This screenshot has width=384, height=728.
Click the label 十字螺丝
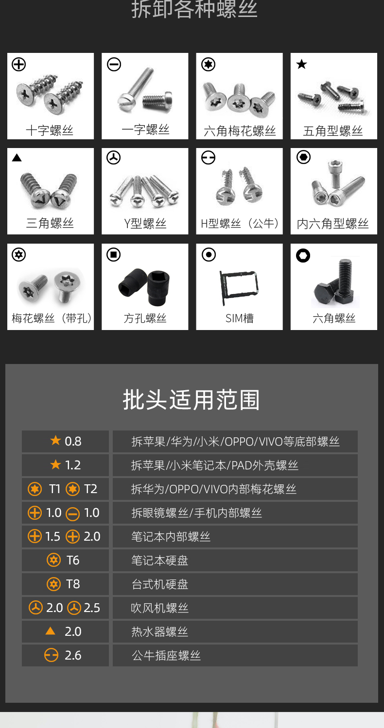50,131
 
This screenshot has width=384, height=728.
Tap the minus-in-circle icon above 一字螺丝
114,65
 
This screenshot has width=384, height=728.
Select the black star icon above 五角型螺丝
302,64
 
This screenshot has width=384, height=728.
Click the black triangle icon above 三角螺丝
17,158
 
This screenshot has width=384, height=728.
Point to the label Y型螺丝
145,224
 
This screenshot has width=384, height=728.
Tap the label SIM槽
240,318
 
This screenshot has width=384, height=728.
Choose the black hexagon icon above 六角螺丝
303,255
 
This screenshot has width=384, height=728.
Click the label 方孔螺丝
145,318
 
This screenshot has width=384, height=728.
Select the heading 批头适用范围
192,400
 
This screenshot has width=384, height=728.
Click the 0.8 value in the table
73,441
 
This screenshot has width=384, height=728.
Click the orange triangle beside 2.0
50,631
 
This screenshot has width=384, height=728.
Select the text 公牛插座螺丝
166,656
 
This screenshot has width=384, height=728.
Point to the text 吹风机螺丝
160,608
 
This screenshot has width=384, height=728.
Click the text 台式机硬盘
160,584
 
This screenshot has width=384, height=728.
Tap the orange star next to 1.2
55,464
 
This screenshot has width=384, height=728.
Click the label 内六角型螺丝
332,224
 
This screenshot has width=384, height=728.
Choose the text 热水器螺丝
160,632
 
